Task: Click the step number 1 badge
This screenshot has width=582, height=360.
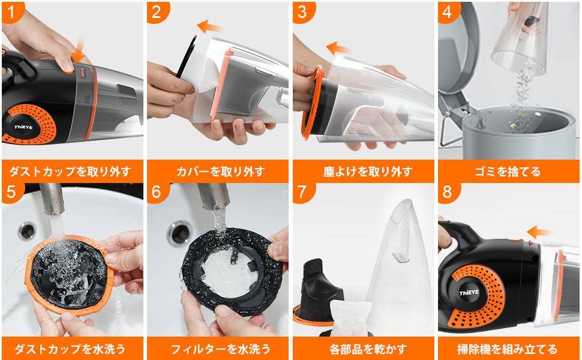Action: coord(10,10)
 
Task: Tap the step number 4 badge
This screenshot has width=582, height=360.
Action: coord(449,11)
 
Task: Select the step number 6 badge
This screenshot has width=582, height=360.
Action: coord(157,192)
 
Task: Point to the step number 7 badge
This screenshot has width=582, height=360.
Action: coord(303,192)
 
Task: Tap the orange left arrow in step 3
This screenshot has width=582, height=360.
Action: coord(339,48)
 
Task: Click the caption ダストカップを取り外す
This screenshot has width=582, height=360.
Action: coord(72,172)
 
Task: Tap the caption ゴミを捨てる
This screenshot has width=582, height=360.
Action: coord(509,172)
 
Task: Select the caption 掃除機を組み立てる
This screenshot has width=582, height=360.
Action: coord(509,349)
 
